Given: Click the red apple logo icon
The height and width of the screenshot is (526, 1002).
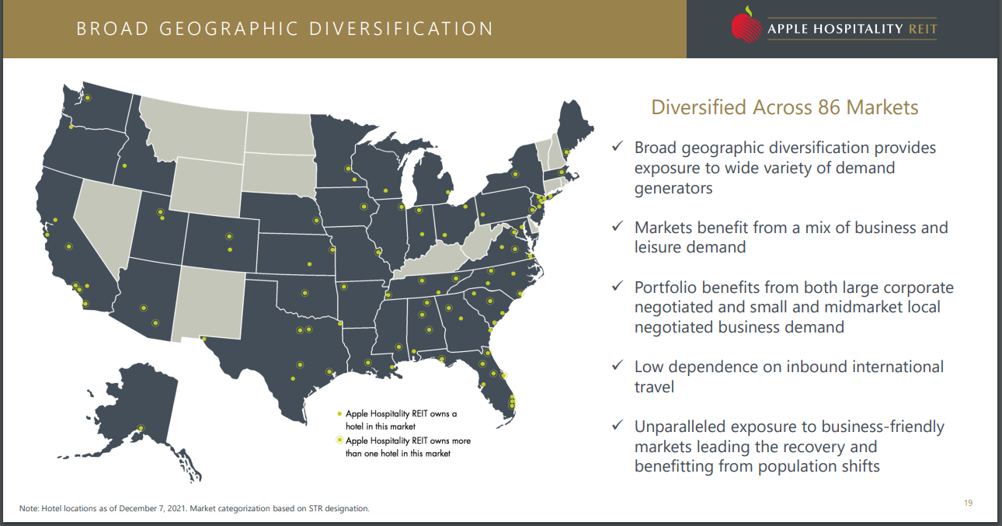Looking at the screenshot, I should pos(746,26).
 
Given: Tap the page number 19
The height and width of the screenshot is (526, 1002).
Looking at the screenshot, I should pos(968,503).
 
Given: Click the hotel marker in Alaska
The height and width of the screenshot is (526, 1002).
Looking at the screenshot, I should pos(141,427).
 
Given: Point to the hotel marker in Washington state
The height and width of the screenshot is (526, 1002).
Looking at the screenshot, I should pos(88,98).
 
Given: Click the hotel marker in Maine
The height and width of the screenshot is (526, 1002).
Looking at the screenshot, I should pos(566,152).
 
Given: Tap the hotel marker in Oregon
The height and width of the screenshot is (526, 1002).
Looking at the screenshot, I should pos(71,127).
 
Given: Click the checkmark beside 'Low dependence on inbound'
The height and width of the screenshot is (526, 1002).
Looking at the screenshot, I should pos(618,365).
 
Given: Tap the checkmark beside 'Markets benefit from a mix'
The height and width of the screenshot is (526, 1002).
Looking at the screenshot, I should pos(618,226).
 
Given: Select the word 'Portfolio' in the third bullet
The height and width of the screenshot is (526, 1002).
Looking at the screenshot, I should pos(667,287).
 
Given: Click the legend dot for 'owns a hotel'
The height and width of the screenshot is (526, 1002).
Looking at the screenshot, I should pos(339,414).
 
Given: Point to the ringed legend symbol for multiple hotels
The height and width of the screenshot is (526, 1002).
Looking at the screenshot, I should pos(339,441).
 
